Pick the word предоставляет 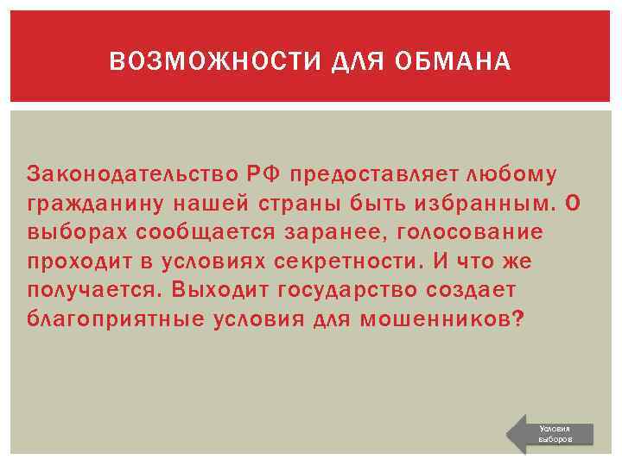(373, 175)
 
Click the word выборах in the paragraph (73, 232)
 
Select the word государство (327, 289)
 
